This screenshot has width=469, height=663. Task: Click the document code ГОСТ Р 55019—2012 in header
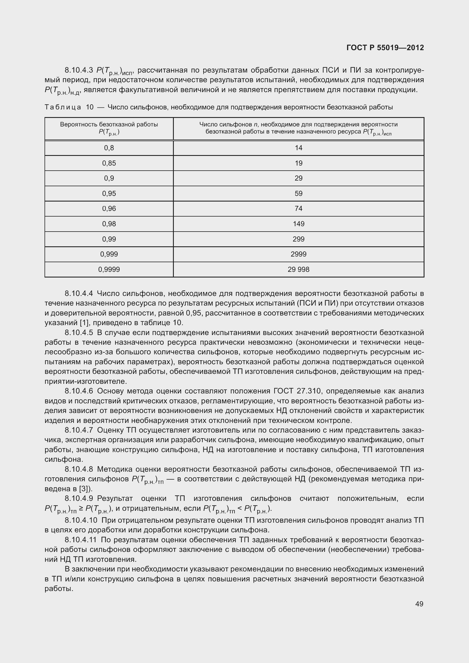coord(385,48)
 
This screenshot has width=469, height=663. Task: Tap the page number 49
coord(419,604)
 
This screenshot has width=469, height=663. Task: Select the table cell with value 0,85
coord(109,163)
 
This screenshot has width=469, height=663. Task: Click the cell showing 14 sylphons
coord(298,148)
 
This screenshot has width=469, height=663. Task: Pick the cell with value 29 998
coord(298,269)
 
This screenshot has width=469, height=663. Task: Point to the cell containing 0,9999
coord(109,269)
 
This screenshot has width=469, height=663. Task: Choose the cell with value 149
coord(298,224)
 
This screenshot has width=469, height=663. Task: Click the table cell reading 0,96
coord(109,209)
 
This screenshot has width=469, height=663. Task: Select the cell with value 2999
coord(298,254)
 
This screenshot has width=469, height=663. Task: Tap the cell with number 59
coord(298,194)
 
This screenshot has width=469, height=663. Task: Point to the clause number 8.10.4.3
coord(79,70)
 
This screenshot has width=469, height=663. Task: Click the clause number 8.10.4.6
coord(79,391)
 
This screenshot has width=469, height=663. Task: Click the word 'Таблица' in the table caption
coord(63,107)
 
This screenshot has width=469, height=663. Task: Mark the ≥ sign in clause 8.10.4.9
coord(81,509)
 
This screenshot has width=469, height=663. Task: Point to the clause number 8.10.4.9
coord(79,498)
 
